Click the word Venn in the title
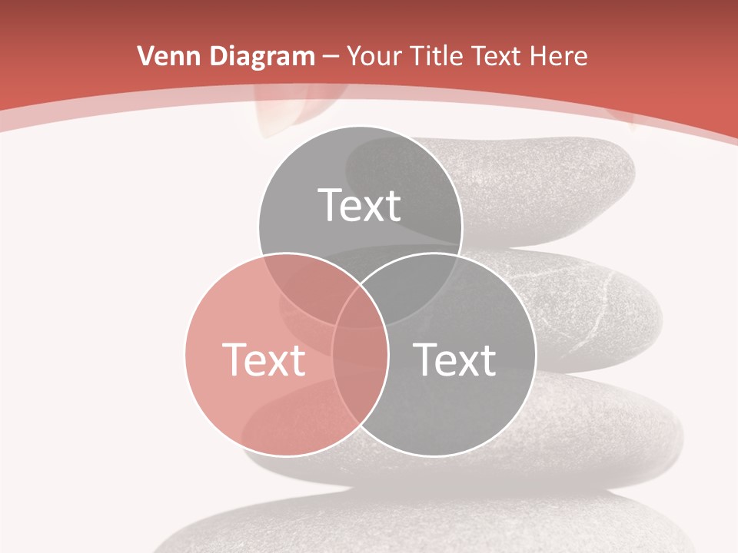tap(163, 56)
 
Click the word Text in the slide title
tap(500, 56)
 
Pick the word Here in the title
tap(560, 56)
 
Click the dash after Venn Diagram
tap(331, 57)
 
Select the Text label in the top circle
tap(360, 205)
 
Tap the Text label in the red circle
tap(264, 359)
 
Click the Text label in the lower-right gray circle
tap(455, 359)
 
